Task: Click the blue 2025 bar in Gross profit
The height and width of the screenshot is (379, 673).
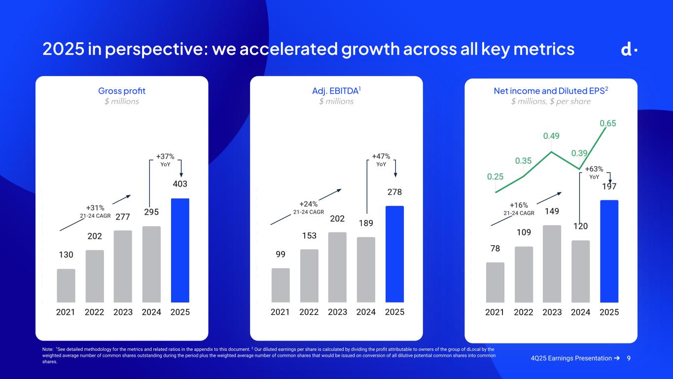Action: click(x=180, y=250)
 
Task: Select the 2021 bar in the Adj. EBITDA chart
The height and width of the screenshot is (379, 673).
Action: click(x=281, y=285)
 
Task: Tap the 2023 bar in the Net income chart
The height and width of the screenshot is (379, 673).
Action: click(x=552, y=264)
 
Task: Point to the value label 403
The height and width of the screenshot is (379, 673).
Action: click(x=180, y=184)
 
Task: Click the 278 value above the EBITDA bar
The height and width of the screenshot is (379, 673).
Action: click(x=394, y=191)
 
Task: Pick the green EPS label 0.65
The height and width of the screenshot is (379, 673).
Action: click(x=608, y=123)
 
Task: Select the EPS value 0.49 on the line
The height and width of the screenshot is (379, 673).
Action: click(x=551, y=136)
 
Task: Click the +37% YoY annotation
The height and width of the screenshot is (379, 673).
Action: click(x=165, y=159)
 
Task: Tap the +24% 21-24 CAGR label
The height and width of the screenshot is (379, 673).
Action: click(x=309, y=207)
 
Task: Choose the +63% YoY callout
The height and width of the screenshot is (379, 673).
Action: click(x=594, y=172)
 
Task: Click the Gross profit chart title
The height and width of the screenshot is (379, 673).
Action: click(x=122, y=91)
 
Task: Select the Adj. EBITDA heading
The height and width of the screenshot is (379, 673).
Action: click(x=335, y=91)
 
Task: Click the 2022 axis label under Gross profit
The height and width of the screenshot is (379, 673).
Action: click(x=95, y=312)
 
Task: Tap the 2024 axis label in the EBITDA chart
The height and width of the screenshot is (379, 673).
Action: click(x=366, y=312)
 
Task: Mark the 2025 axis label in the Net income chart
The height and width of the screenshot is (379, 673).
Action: click(x=609, y=312)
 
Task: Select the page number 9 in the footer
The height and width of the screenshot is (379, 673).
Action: click(x=629, y=358)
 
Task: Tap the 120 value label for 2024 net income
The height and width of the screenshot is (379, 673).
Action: click(x=580, y=227)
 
